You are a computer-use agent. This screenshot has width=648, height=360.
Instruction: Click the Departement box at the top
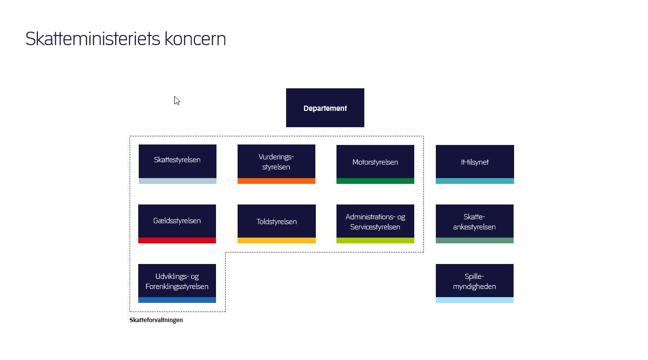click(325, 108)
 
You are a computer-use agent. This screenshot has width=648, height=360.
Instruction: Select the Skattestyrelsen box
click(178, 161)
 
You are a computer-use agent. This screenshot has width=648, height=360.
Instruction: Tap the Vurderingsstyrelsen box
click(276, 161)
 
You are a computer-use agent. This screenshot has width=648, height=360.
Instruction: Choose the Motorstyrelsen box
click(375, 162)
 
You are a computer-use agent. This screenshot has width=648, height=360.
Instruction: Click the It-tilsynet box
click(475, 162)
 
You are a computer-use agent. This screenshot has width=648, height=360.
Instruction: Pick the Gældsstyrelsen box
click(177, 221)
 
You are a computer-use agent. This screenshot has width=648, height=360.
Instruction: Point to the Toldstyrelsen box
click(276, 221)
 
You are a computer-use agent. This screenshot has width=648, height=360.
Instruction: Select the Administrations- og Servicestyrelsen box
click(375, 221)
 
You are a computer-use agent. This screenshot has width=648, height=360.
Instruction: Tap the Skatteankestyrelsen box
click(475, 221)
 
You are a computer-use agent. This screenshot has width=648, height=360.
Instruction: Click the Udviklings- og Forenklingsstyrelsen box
click(177, 281)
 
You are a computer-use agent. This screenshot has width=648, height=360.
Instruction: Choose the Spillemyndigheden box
click(475, 281)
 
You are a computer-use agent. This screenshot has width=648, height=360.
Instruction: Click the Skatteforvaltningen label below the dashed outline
click(156, 320)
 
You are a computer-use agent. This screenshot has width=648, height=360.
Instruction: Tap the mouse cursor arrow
click(177, 100)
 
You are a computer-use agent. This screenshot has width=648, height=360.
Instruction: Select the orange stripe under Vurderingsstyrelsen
click(276, 181)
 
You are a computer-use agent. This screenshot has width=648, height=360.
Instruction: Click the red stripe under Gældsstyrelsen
click(177, 240)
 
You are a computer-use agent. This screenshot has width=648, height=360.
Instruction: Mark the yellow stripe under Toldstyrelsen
click(276, 240)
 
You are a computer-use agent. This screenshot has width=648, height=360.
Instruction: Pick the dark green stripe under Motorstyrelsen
click(375, 181)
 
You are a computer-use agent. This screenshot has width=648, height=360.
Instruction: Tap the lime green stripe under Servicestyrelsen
click(375, 240)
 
